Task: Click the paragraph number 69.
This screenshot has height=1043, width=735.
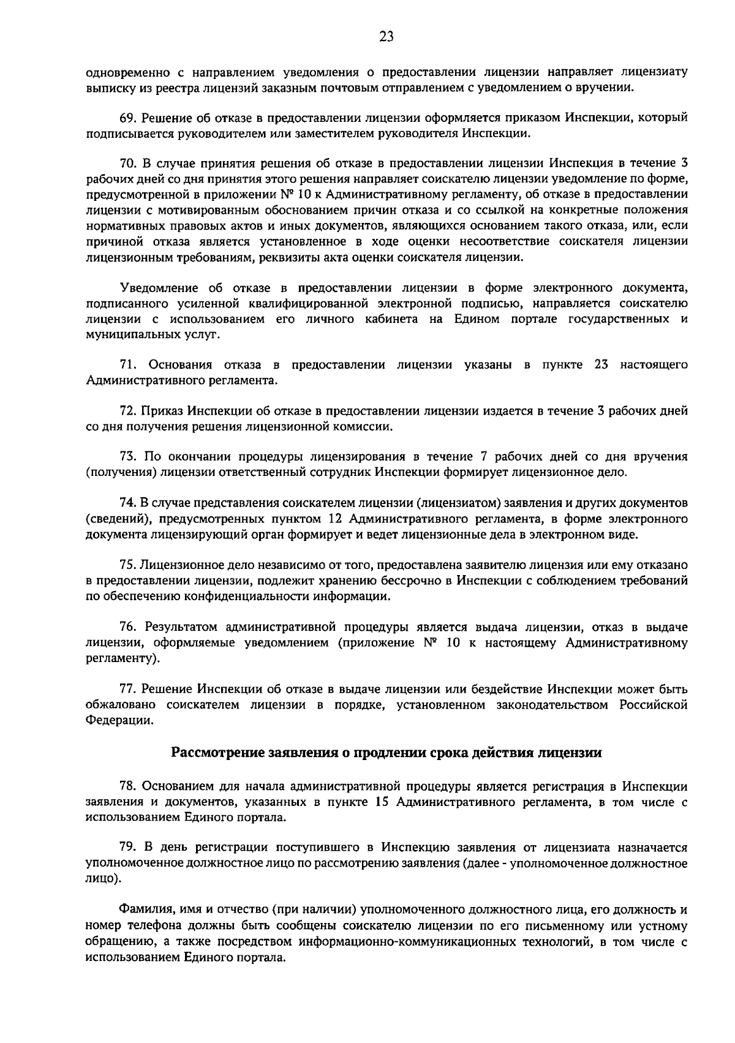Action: click(127, 117)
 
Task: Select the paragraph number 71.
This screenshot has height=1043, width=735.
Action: click(127, 365)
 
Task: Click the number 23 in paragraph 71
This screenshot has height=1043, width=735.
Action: click(602, 365)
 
